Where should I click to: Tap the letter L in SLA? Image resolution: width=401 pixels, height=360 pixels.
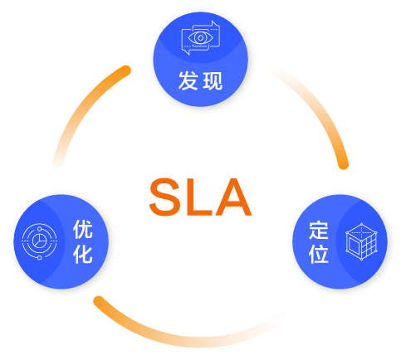tap(198, 197)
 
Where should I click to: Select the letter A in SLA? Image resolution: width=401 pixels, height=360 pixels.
tap(233, 197)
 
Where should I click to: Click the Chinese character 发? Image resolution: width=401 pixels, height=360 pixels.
tap(188, 80)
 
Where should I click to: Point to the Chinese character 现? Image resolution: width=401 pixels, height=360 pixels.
tap(213, 80)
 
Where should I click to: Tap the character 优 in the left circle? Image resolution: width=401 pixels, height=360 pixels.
tap(83, 229)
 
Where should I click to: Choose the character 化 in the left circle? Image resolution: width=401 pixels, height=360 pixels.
tap(83, 254)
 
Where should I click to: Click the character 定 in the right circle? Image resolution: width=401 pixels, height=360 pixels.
tap(319, 230)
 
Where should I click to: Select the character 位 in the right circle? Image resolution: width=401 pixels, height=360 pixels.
tap(319, 254)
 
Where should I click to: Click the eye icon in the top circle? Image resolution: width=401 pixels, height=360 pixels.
tap(201, 38)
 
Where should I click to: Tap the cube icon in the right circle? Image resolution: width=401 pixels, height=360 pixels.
tap(361, 241)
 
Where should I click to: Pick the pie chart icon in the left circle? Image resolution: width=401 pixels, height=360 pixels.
tap(40, 241)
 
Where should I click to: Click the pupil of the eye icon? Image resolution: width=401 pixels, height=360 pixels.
tap(201, 37)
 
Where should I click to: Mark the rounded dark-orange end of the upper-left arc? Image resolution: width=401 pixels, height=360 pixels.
tap(126, 70)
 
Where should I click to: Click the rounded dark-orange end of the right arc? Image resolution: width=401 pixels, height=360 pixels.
tap(343, 164)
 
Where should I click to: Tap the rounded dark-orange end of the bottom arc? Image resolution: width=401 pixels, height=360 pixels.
tap(99, 301)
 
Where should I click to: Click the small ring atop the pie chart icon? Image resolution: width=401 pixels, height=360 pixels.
tap(40, 229)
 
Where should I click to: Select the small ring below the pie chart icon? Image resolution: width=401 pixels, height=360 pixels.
tap(40, 258)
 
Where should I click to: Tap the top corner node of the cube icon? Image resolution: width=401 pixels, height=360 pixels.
tap(361, 224)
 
